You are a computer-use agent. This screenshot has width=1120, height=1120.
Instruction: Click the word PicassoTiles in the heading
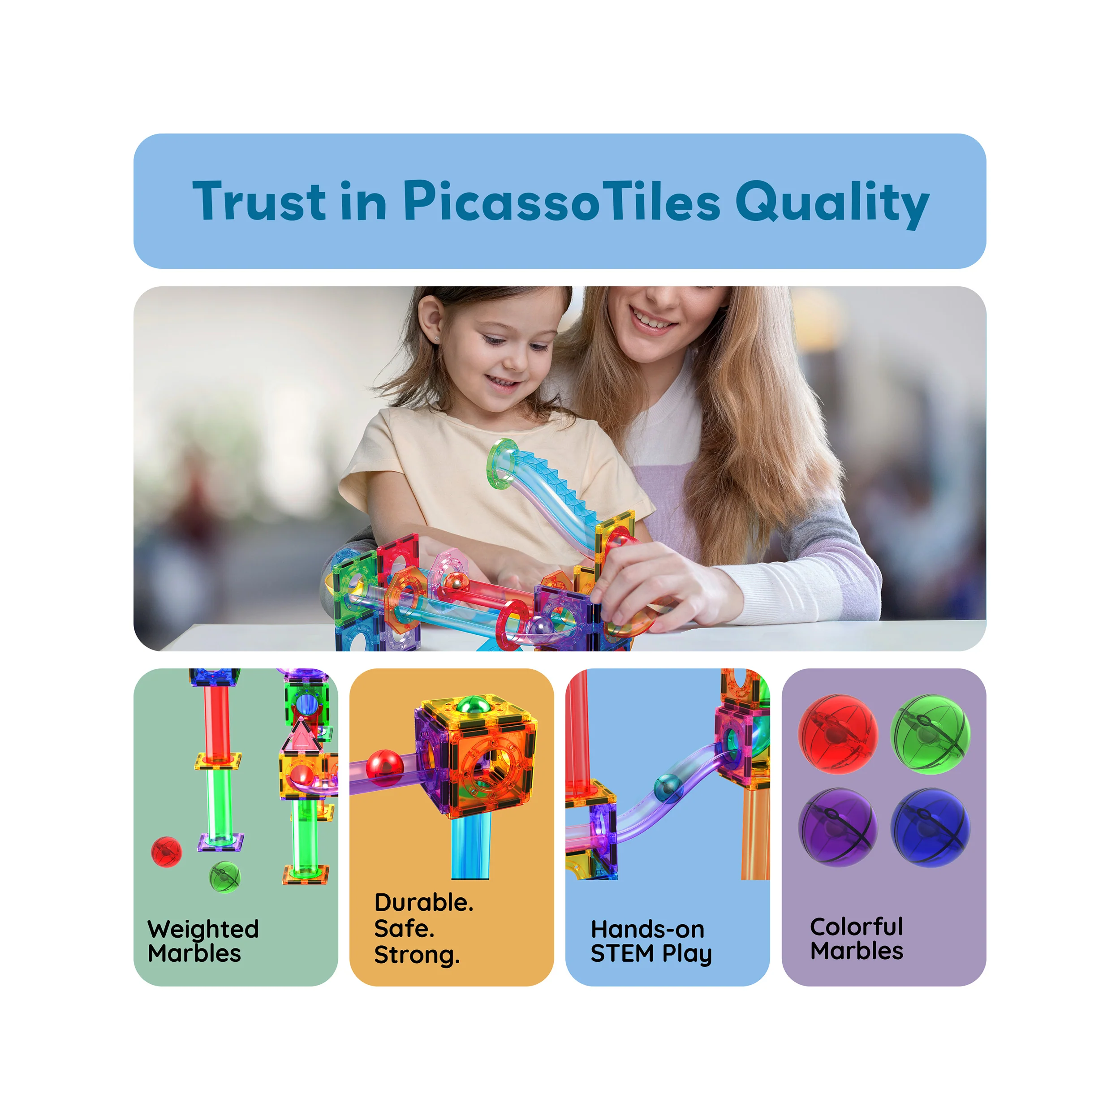tap(561, 201)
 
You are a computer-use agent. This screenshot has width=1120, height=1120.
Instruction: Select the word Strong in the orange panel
tap(416, 955)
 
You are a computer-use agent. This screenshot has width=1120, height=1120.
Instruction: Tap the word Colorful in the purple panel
tap(856, 926)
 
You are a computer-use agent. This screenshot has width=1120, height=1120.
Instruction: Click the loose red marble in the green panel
tap(166, 852)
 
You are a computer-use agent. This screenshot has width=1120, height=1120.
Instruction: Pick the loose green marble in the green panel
tap(225, 877)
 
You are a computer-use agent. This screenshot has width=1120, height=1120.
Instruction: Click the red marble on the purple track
tap(384, 767)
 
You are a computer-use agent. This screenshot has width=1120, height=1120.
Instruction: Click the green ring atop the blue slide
tap(501, 464)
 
